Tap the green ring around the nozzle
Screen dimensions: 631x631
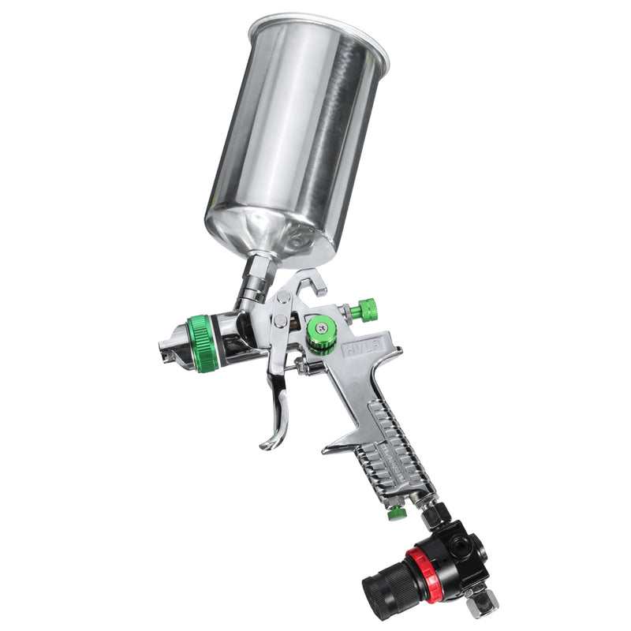tap(203, 343)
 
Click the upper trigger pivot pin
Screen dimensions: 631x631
tap(282, 299)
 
